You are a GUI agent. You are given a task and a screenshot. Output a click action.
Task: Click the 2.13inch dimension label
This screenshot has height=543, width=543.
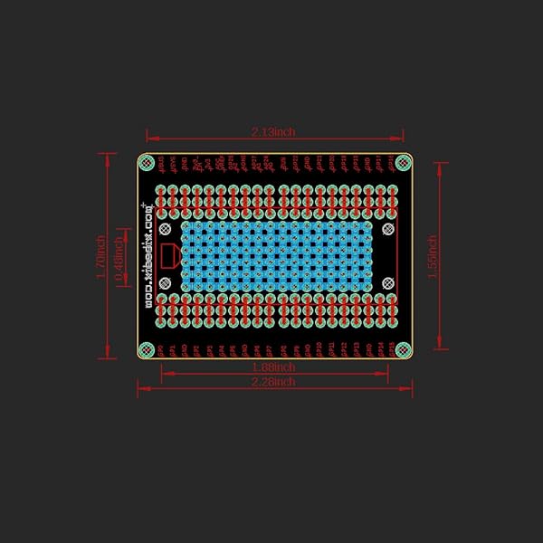272,132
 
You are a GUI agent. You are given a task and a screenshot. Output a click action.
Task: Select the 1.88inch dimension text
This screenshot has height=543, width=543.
272,367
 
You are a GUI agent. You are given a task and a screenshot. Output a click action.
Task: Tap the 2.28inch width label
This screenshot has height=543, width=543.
272,382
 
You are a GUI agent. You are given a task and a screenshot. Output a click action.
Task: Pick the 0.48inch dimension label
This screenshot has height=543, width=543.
118,256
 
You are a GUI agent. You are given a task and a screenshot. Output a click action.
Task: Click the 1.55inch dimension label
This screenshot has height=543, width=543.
433,256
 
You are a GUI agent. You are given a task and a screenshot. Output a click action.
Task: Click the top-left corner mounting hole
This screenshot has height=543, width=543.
146,162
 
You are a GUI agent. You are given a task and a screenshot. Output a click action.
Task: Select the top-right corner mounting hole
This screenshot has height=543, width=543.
403,162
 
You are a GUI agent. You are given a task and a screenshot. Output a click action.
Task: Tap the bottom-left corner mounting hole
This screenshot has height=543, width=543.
146,348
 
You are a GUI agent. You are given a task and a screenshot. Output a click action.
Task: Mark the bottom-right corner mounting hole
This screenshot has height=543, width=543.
403,348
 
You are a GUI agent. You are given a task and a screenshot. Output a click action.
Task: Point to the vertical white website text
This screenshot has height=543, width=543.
148,256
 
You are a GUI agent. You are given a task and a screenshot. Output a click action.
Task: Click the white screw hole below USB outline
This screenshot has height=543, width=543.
165,283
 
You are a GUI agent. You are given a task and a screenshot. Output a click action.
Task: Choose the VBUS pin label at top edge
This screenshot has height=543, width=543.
161,164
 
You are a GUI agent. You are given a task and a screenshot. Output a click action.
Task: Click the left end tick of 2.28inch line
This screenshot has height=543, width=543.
138,387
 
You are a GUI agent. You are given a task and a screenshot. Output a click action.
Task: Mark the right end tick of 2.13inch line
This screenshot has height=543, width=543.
403,138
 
